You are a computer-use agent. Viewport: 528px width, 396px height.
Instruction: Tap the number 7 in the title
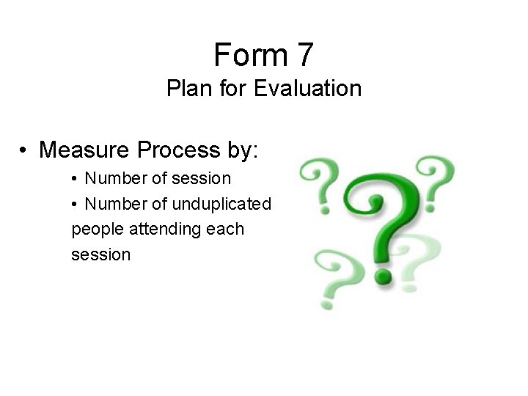pyautogui.click(x=304, y=55)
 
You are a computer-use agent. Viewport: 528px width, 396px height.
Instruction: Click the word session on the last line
pyautogui.click(x=101, y=254)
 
